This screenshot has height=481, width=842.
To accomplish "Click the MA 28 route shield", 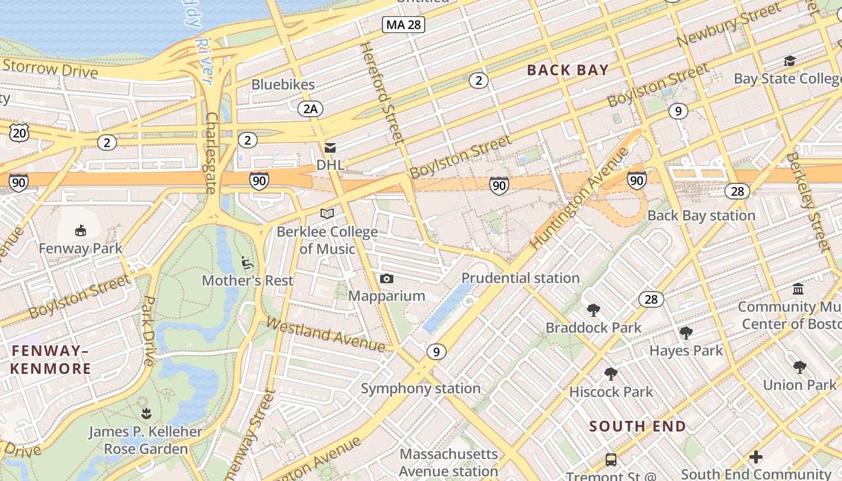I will (404, 25).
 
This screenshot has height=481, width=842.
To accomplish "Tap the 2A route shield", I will (310, 109).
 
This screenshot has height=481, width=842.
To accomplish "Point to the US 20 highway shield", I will (19, 132).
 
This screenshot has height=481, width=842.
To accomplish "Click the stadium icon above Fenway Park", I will (80, 230).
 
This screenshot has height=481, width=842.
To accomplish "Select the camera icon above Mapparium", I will (387, 278).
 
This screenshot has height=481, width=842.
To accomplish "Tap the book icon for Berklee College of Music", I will (327, 213).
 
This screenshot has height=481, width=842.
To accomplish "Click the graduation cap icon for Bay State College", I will (790, 61).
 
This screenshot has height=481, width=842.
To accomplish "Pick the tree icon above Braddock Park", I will (594, 310).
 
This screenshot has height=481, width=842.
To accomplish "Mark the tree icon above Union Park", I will (799, 367).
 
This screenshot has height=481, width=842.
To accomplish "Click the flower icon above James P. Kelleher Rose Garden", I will (146, 413).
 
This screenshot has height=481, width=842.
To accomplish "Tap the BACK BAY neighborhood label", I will (568, 70).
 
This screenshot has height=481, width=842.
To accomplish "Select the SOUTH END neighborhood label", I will (638, 426).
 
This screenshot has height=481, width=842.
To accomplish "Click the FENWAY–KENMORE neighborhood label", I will (51, 360).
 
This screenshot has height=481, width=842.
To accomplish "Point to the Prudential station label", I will (520, 278).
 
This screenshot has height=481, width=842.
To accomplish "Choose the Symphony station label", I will (420, 388).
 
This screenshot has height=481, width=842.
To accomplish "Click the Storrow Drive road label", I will (49, 68).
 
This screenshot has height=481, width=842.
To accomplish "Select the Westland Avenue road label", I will (325, 335).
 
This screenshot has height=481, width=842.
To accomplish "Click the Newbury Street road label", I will (721, 28).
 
